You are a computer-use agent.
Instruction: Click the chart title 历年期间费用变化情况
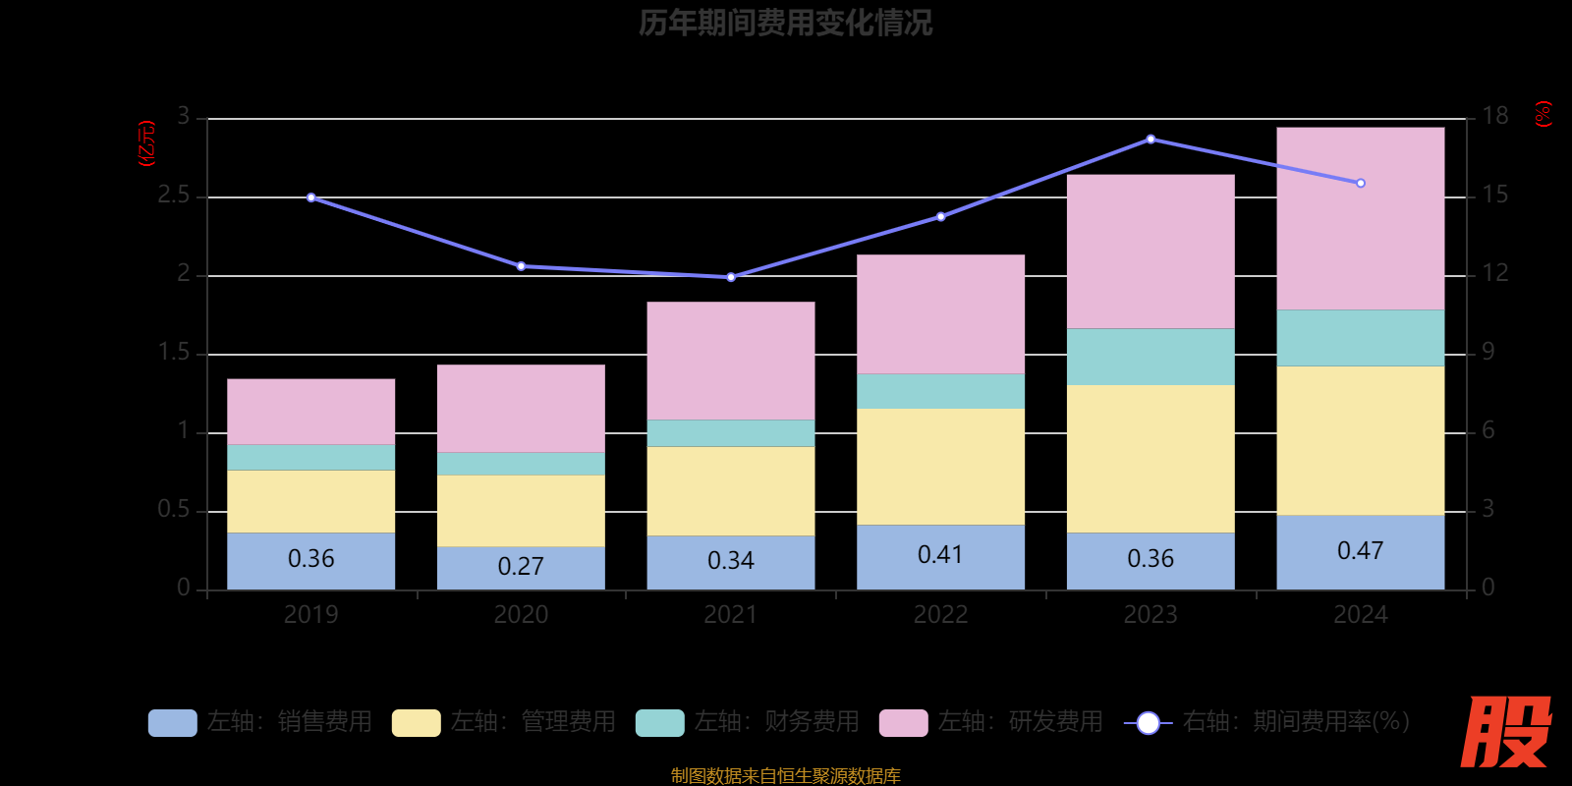click(785, 23)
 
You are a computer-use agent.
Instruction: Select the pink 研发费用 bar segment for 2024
click(1360, 218)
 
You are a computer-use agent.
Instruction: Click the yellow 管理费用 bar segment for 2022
click(940, 467)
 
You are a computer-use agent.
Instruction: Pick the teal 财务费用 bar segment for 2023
click(1151, 357)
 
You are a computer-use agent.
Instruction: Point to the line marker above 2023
click(1151, 140)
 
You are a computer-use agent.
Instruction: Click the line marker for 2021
click(731, 277)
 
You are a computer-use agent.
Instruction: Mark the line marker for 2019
click(311, 197)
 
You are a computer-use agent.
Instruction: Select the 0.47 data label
click(1360, 551)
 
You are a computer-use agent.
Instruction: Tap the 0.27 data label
click(521, 567)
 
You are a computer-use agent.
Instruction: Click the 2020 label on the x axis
click(521, 615)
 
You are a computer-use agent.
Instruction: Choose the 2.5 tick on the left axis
click(174, 196)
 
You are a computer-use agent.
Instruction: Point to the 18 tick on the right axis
click(1494, 117)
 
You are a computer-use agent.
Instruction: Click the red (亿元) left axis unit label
click(146, 143)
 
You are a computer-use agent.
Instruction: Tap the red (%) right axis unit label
click(1544, 114)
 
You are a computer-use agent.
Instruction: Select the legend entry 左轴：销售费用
click(260, 722)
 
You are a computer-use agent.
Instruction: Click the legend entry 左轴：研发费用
click(991, 722)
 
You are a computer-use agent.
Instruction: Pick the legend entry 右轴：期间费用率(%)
click(1267, 722)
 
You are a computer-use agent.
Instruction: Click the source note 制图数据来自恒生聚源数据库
click(785, 775)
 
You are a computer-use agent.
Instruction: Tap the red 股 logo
click(1505, 732)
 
